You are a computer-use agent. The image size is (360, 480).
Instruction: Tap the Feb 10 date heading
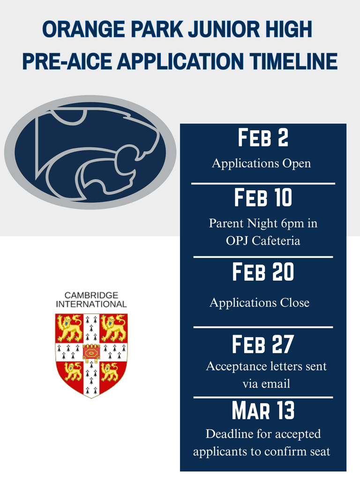pyautogui.click(x=262, y=198)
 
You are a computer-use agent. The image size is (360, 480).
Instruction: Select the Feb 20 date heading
pyautogui.click(x=262, y=272)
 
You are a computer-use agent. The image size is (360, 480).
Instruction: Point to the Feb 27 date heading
pyautogui.click(x=262, y=345)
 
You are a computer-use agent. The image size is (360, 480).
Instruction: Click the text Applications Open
pyautogui.click(x=261, y=164)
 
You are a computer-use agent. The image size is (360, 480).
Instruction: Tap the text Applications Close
pyautogui.click(x=259, y=303)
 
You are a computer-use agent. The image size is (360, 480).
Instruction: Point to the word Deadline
pyautogui.click(x=230, y=434)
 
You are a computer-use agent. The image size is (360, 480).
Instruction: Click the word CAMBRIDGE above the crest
pyautogui.click(x=91, y=295)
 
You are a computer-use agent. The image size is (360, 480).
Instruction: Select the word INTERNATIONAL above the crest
pyautogui.click(x=91, y=304)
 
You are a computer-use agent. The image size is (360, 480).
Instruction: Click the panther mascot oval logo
pyautogui.click(x=90, y=152)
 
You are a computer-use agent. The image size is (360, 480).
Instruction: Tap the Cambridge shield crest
pyautogui.click(x=91, y=355)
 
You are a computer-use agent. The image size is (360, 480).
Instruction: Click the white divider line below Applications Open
pyautogui.click(x=263, y=184)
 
